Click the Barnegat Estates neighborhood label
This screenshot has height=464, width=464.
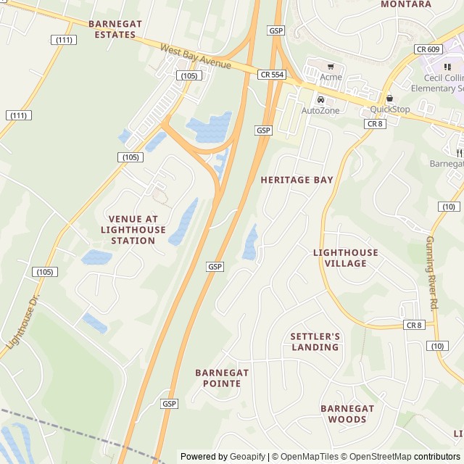(x=115, y=29)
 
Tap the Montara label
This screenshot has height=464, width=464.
(x=406, y=4)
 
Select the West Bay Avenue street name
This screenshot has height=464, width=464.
(x=196, y=57)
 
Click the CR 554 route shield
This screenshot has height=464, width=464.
(x=272, y=74)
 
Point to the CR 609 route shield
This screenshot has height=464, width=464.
(x=428, y=49)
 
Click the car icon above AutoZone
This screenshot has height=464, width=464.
(x=320, y=99)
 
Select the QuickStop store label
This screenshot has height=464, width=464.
(x=390, y=109)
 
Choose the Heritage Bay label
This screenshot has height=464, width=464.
(x=297, y=180)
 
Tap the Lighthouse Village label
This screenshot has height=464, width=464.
(x=345, y=257)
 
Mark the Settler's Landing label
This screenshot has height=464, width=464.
(x=315, y=341)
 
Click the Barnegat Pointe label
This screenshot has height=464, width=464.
(x=222, y=378)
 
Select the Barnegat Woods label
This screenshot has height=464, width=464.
(x=347, y=413)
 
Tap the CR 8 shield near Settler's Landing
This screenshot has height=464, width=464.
(x=414, y=325)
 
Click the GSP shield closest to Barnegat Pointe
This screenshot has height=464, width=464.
(x=170, y=403)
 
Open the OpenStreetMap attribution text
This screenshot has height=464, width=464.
(x=376, y=457)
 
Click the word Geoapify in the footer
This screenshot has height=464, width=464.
(x=247, y=457)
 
